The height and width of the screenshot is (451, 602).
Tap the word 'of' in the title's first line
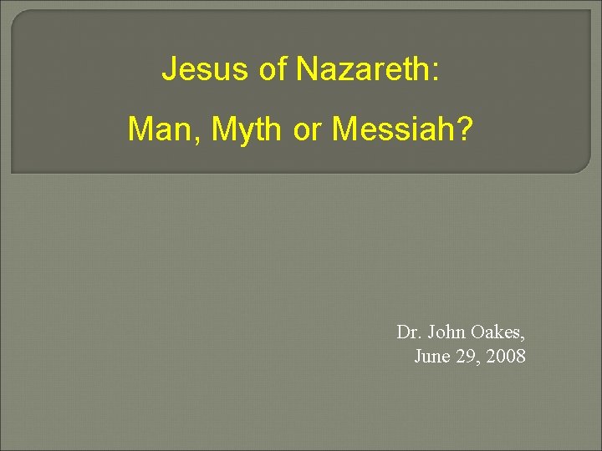[273, 69]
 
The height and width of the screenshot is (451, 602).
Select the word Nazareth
[363, 69]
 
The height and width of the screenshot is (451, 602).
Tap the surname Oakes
[498, 332]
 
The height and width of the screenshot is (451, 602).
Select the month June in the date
[432, 357]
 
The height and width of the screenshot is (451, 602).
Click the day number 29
[466, 357]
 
